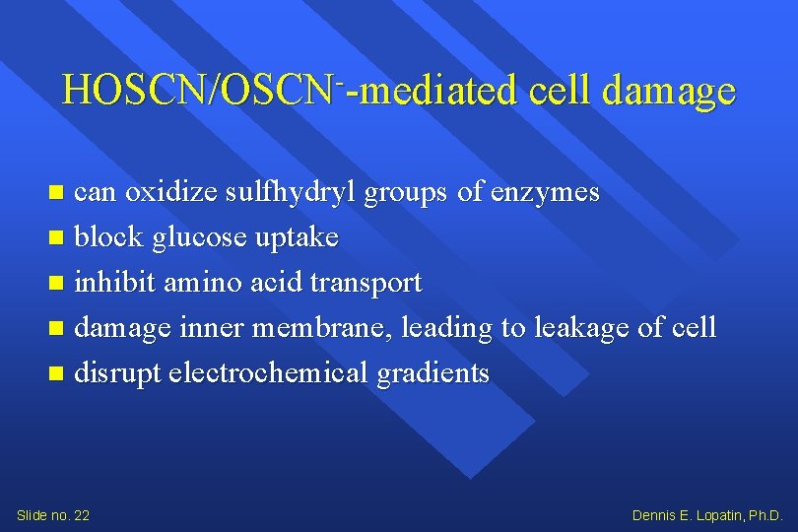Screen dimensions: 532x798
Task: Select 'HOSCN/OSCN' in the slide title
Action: click(x=197, y=91)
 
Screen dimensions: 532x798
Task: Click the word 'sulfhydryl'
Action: click(x=292, y=193)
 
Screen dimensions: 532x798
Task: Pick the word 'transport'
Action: click(x=366, y=284)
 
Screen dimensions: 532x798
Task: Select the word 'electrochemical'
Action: click(x=271, y=373)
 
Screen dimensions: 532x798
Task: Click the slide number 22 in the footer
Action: click(x=81, y=515)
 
